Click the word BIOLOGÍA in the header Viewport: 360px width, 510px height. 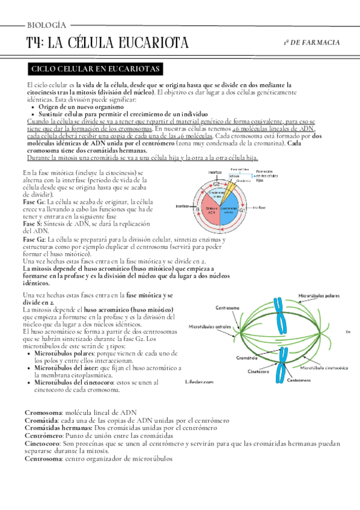pyautogui.click(x=46, y=25)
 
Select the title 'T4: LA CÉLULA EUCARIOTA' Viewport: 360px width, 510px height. pyautogui.click(x=108, y=43)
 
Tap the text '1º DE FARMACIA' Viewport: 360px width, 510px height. pyautogui.click(x=311, y=43)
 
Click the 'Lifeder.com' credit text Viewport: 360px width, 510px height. pyautogui.click(x=200, y=381)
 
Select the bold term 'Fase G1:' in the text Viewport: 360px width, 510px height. pyautogui.click(x=35, y=202)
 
